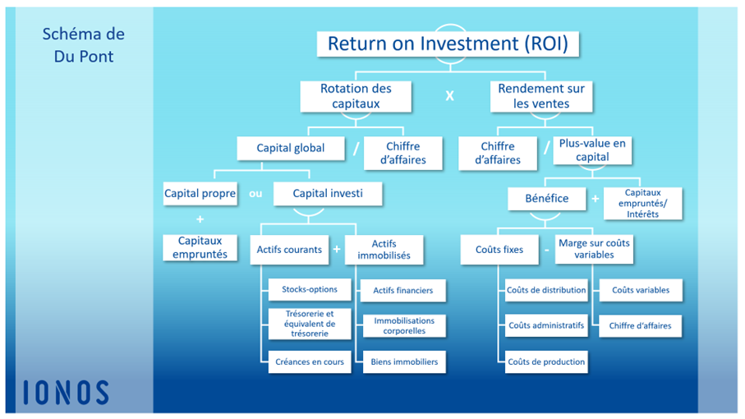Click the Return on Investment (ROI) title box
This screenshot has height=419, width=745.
448,44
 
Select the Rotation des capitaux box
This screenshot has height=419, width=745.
356,96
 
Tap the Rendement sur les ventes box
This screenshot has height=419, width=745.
541,96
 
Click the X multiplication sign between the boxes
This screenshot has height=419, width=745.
449,96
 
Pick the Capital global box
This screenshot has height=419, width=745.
290,149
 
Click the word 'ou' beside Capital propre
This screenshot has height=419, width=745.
255,194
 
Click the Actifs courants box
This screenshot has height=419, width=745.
289,249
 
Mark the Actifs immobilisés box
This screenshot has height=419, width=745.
384,250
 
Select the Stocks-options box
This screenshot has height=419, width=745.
310,290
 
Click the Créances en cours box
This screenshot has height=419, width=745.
310,361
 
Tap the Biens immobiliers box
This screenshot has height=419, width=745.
404,361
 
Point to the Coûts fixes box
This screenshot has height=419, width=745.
499,249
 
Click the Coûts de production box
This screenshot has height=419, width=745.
546,361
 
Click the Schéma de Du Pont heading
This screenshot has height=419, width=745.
83,46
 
